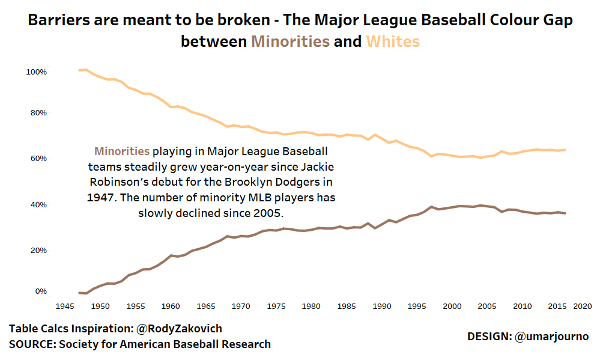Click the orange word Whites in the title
click(393, 41)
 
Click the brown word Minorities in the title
click(290, 41)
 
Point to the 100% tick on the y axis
click(36, 72)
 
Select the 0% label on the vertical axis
click(40, 291)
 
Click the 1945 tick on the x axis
click(65, 307)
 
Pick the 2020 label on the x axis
click(582, 307)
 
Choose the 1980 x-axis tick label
click(311, 307)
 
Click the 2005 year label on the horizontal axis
click(488, 307)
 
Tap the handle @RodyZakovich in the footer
click(180, 329)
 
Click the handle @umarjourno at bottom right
click(551, 337)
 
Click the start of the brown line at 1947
click(79, 293)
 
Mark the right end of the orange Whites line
click(565, 150)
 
